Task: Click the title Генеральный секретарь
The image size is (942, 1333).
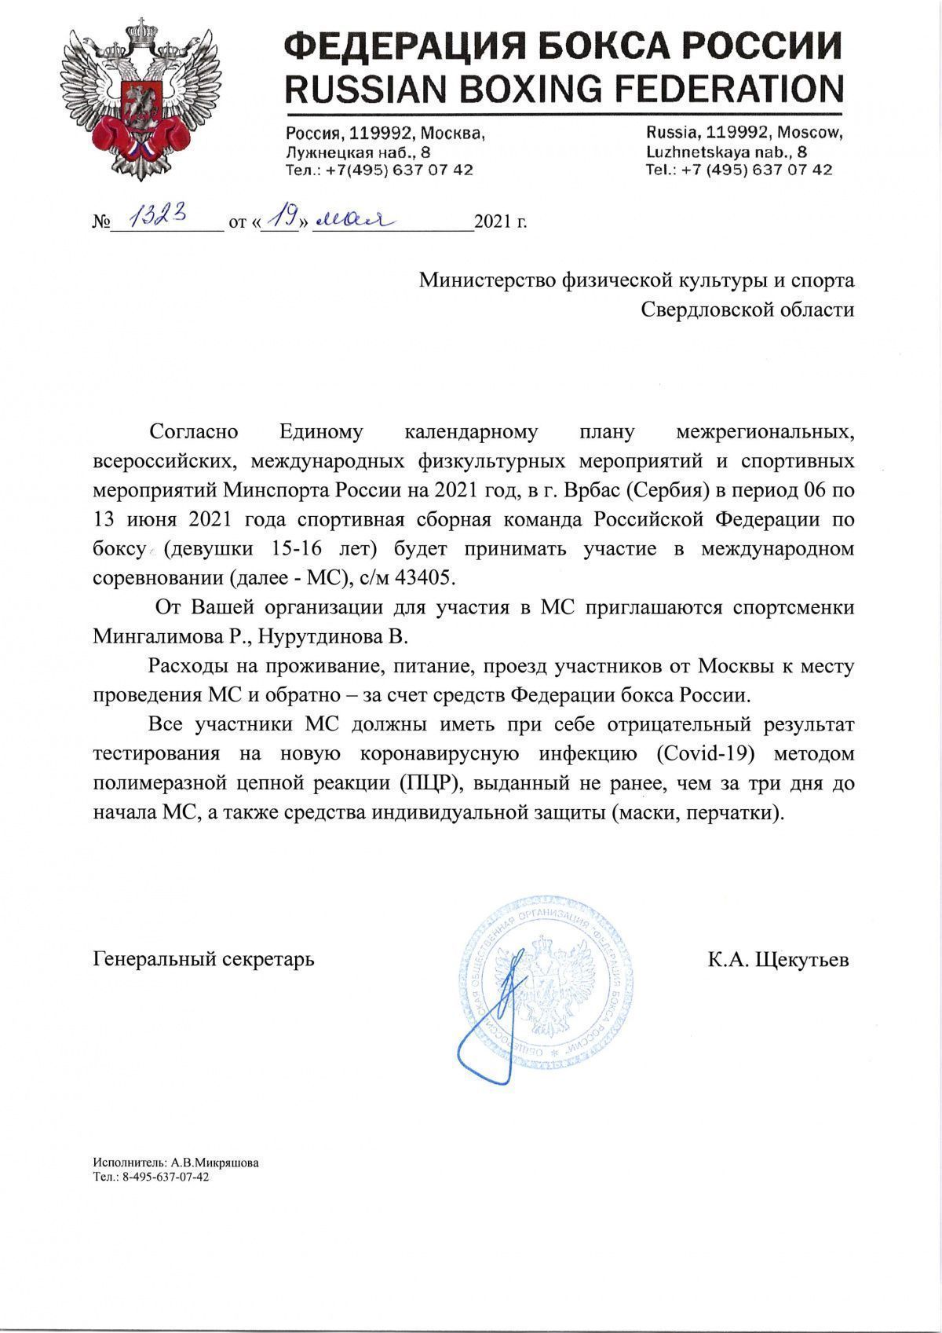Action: click(x=203, y=959)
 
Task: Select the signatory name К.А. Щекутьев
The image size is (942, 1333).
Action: click(x=778, y=959)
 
